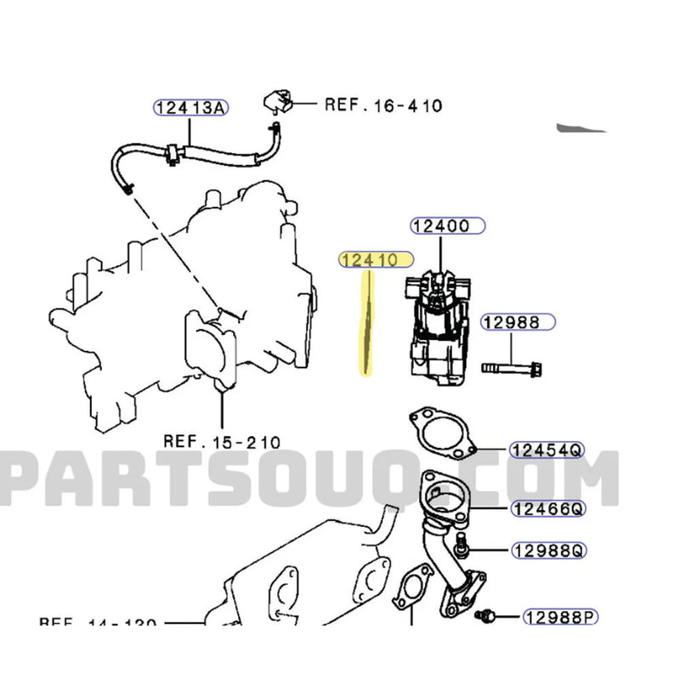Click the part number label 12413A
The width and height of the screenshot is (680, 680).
click(x=191, y=107)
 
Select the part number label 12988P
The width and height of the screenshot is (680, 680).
click(x=554, y=616)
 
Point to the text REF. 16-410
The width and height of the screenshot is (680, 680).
click(x=383, y=105)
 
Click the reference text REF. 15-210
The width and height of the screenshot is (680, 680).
click(x=222, y=441)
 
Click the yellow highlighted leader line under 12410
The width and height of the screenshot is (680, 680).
click(x=367, y=323)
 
